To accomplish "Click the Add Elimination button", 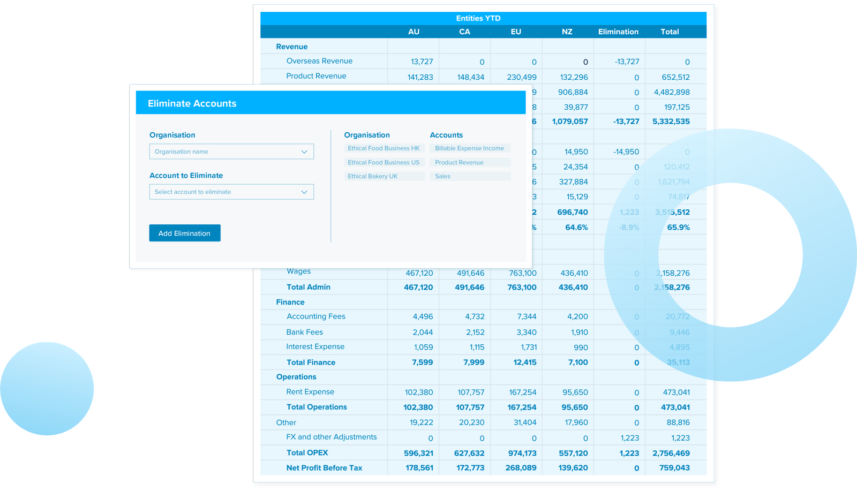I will tap(184, 233).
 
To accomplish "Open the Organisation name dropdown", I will tap(231, 152).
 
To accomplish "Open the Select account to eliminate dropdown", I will tap(231, 192).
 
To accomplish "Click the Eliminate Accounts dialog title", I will tap(192, 103).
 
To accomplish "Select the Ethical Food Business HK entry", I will tap(384, 148).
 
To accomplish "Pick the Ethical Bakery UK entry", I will tap(373, 176).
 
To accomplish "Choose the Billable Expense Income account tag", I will tap(469, 148).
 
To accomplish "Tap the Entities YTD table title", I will tap(478, 18).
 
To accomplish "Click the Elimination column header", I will tap(618, 32).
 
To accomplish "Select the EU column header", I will tap(516, 32).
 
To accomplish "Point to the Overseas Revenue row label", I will tap(319, 61).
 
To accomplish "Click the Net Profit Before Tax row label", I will tap(324, 468).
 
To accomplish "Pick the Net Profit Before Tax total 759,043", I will tap(674, 468).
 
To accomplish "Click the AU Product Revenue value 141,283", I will tap(420, 77).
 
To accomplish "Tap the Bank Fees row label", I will tap(304, 332).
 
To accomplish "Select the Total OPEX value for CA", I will tap(469, 453).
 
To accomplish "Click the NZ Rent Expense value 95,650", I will tap(575, 392).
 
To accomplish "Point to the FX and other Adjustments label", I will tap(331, 437).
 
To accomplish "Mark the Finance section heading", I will tap(290, 302).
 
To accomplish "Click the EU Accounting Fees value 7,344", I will tap(527, 316).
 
